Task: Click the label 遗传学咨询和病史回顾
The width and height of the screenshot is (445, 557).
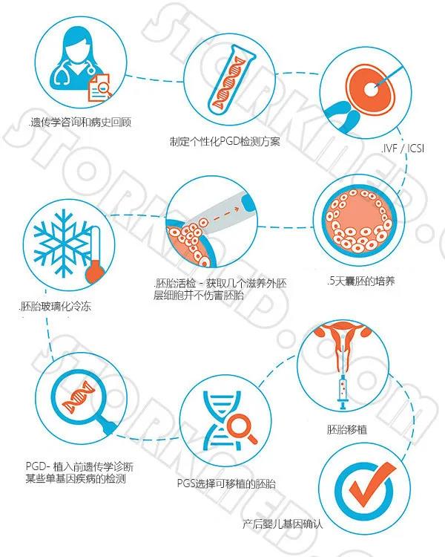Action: (x=81, y=123)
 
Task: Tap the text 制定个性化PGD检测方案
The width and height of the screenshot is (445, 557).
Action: (x=225, y=142)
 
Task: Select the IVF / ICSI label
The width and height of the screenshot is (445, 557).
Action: (x=403, y=148)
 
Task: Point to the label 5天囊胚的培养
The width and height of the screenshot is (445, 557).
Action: (x=361, y=281)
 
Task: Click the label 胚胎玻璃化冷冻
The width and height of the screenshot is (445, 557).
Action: (x=55, y=306)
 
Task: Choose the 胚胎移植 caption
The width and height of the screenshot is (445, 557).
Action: (x=346, y=429)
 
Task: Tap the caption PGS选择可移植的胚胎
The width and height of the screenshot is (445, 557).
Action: (x=226, y=483)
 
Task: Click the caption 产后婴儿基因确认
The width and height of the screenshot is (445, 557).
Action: (x=283, y=524)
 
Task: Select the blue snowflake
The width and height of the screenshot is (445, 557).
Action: (x=63, y=243)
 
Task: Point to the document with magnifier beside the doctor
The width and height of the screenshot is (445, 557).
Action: (x=99, y=88)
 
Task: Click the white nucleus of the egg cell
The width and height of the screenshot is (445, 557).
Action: (x=371, y=90)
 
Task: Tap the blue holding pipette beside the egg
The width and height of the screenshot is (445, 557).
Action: (x=342, y=116)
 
